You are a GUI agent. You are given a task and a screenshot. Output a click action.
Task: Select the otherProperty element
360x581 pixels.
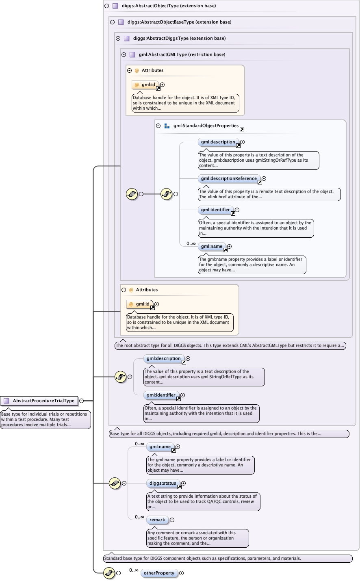pos(159,573)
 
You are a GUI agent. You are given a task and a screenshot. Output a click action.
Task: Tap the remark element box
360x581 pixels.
pos(157,520)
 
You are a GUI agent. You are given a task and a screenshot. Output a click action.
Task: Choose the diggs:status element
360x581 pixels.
pos(163,483)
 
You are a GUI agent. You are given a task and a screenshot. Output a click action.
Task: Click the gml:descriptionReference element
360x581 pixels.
pos(229,179)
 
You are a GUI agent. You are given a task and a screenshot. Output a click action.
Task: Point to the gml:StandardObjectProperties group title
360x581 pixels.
pos(206,126)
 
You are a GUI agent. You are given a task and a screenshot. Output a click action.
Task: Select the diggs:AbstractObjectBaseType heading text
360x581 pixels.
pos(179,22)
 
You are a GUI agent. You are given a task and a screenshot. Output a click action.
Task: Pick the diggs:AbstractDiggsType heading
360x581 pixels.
pos(179,39)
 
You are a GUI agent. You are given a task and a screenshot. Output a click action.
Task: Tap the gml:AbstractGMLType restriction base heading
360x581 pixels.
pos(182,55)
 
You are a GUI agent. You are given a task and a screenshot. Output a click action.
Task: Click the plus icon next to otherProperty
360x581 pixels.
pos(182,573)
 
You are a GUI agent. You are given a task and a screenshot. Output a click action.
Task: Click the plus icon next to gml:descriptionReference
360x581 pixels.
pos(264,179)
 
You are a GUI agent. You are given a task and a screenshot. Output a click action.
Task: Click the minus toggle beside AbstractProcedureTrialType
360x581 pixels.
pos(82,401)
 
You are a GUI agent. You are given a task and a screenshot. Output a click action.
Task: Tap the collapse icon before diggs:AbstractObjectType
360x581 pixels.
pos(107,6)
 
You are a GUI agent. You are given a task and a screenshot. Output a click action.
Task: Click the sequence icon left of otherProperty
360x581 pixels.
pos(109,573)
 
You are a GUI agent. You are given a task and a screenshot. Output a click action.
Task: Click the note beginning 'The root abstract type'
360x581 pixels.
pos(230,346)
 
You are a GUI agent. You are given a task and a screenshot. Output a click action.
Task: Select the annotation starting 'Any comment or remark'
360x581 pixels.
pos(197,538)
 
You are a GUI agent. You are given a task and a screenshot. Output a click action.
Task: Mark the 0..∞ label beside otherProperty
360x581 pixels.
pos(134,570)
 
